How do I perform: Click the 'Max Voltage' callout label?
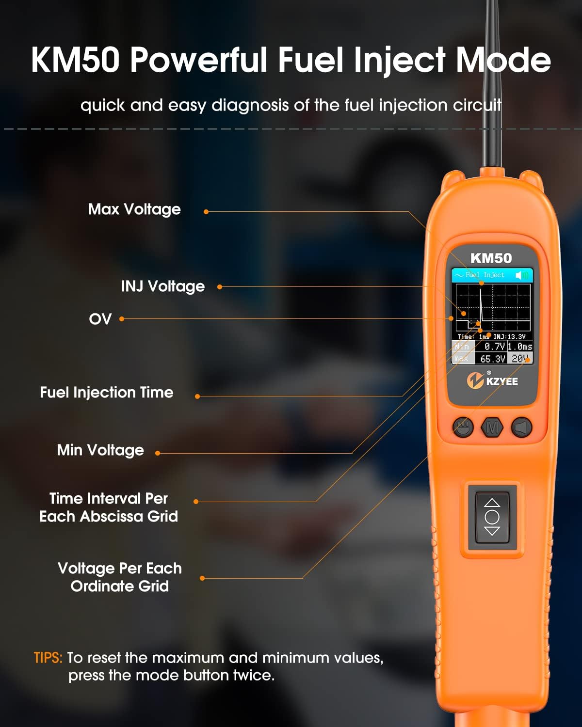134,209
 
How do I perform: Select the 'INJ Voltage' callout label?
163,286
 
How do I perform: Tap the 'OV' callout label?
100,319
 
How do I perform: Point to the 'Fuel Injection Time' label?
107,392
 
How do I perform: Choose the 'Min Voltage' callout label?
100,450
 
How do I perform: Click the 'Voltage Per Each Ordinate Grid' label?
120,577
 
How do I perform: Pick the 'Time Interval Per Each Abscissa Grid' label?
109,507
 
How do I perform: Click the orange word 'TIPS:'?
48,658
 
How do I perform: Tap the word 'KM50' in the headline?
75,60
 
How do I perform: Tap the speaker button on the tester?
522,427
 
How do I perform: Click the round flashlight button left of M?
463,427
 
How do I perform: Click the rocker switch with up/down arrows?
492,517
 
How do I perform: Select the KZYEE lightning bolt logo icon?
475,380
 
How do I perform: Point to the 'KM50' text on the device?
491,258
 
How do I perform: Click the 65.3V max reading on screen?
493,359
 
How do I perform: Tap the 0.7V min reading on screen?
495,347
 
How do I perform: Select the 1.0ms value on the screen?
520,347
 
